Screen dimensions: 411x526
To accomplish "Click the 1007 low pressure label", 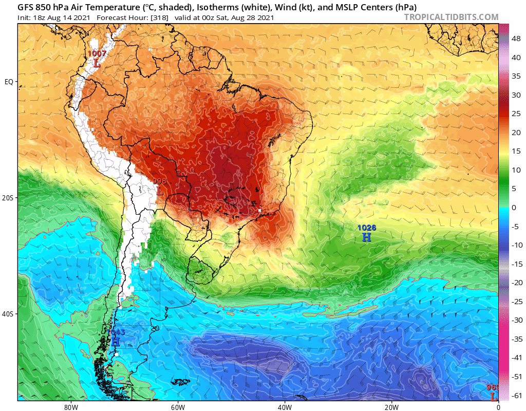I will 97,53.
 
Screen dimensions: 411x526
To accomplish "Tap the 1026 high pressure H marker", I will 366,237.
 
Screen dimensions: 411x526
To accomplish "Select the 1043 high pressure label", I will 116,332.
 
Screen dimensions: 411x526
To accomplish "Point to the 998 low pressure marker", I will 159,191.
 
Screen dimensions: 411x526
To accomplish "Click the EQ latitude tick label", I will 9,82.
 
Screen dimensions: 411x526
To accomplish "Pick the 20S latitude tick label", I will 9,198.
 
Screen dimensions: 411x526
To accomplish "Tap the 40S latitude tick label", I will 9,314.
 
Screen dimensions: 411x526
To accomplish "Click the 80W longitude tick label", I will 71,406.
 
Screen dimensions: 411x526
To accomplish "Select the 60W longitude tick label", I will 178,406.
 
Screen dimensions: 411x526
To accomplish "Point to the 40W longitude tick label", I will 285,406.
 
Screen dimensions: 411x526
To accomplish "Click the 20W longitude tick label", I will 391,406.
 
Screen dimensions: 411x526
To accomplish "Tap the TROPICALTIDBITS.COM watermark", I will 451,17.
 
